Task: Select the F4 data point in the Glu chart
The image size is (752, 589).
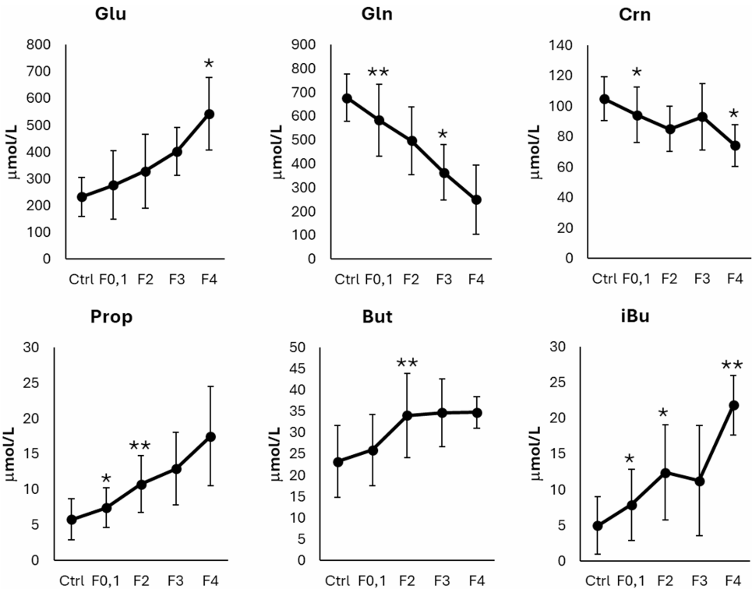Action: [209, 114]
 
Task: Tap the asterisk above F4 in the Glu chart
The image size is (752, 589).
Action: [209, 63]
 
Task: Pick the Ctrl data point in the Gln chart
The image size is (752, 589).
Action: [347, 98]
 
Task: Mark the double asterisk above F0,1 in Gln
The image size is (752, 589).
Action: [378, 74]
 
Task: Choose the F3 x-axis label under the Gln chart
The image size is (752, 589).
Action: [444, 278]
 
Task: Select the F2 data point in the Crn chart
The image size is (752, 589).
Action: [669, 129]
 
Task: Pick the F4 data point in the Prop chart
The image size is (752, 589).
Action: [210, 436]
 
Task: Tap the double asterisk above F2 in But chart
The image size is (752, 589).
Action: [407, 364]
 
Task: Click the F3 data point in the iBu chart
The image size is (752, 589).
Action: [700, 481]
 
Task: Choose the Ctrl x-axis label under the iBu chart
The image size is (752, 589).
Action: [597, 580]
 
